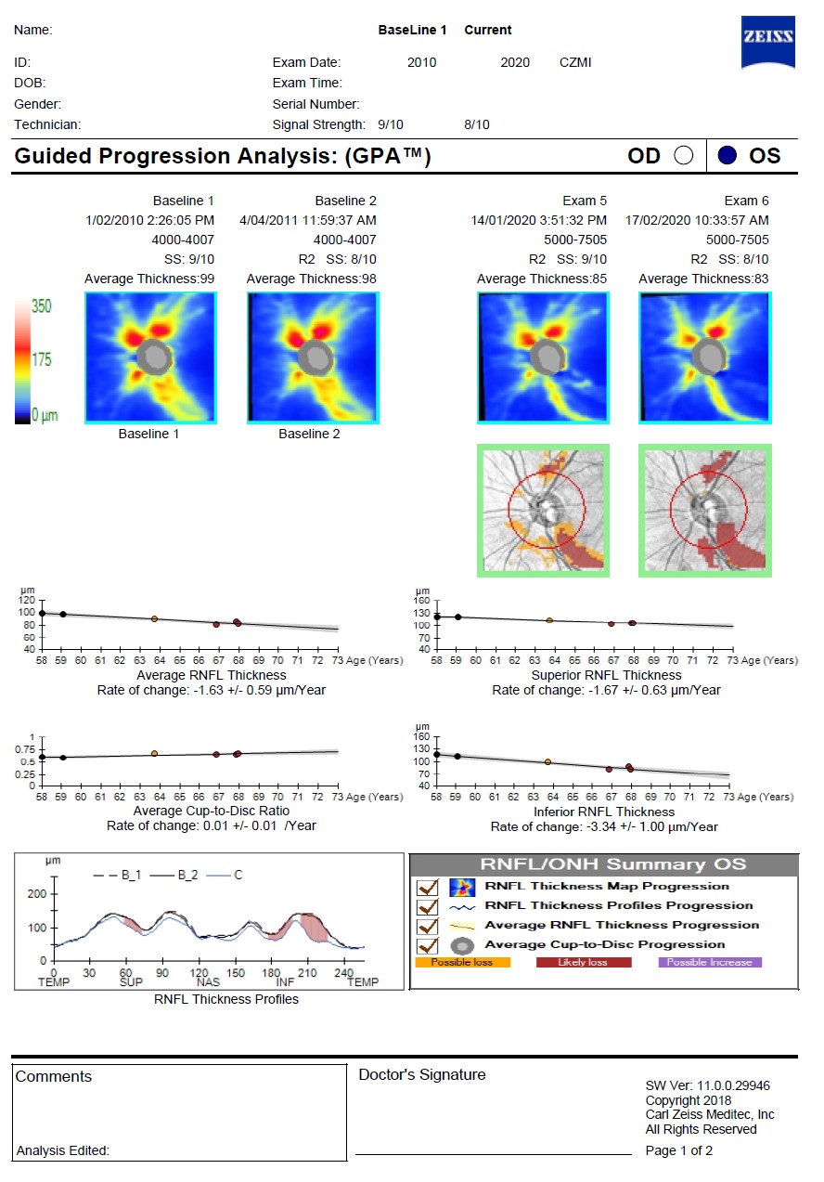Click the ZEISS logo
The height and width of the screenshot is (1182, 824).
pyautogui.click(x=767, y=41)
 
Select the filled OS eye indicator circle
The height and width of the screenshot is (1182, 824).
pyautogui.click(x=727, y=156)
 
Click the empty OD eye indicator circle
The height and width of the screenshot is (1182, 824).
pyautogui.click(x=684, y=156)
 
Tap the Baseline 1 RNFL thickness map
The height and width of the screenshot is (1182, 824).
pyautogui.click(x=150, y=357)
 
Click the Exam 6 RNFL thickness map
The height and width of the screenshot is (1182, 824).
pyautogui.click(x=704, y=357)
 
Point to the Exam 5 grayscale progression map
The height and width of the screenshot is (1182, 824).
pyautogui.click(x=543, y=510)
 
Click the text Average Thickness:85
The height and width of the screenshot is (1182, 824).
pyautogui.click(x=542, y=279)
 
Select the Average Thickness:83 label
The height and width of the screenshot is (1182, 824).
pyautogui.click(x=703, y=279)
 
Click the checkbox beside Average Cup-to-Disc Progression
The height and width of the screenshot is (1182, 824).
pyautogui.click(x=428, y=945)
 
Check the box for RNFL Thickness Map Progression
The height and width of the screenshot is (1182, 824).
pyautogui.click(x=428, y=887)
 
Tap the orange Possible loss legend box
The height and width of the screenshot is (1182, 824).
pyautogui.click(x=461, y=963)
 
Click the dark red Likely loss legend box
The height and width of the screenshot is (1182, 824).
pyautogui.click(x=584, y=963)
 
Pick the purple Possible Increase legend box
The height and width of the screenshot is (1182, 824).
pyautogui.click(x=709, y=963)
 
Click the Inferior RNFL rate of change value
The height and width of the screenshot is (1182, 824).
pyautogui.click(x=604, y=826)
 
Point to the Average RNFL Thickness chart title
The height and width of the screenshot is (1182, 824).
pyautogui.click(x=212, y=675)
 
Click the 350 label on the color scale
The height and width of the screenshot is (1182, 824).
pyautogui.click(x=42, y=306)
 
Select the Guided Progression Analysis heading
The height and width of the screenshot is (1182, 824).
pyautogui.click(x=223, y=156)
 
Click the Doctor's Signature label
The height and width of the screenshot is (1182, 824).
pyautogui.click(x=421, y=1074)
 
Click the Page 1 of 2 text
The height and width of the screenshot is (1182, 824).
pyautogui.click(x=679, y=1150)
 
